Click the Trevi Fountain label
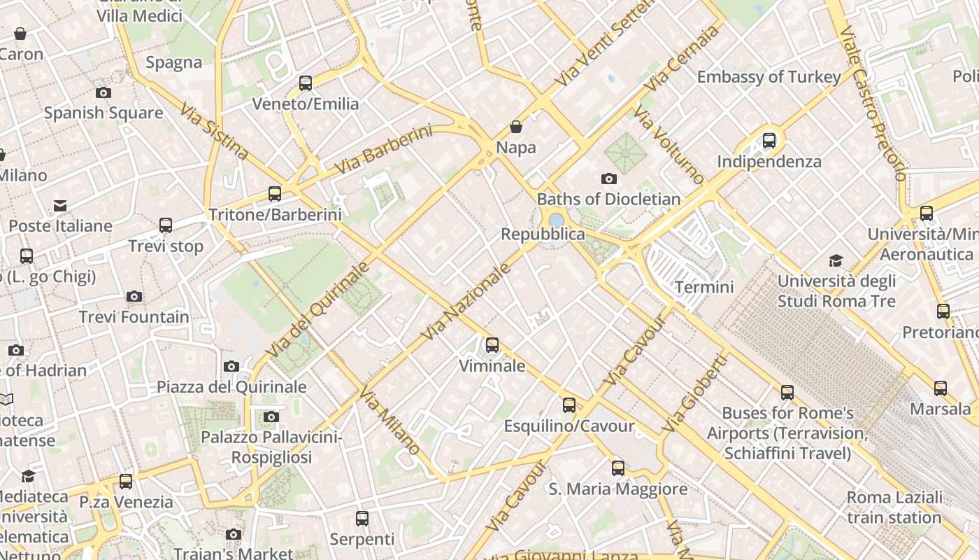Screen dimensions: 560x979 click(x=134, y=317)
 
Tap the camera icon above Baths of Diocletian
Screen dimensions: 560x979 click(x=609, y=179)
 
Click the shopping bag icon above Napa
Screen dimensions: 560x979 click(x=516, y=127)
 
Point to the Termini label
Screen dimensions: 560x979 click(x=704, y=287)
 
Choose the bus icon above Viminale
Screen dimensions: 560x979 click(x=492, y=345)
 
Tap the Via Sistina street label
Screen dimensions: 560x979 click(x=214, y=131)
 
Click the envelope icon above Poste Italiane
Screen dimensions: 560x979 click(x=60, y=206)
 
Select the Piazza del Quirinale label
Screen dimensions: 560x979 click(x=231, y=387)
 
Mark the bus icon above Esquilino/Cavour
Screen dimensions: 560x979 click(x=569, y=405)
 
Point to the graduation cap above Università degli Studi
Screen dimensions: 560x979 click(x=836, y=261)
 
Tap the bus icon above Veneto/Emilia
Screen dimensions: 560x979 click(x=306, y=83)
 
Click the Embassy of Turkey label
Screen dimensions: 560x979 click(x=769, y=77)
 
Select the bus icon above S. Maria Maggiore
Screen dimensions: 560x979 click(x=618, y=468)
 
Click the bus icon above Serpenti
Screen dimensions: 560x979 click(x=362, y=519)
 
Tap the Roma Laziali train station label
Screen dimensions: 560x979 click(x=894, y=507)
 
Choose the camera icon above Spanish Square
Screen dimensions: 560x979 click(x=103, y=92)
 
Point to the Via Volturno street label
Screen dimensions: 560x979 click(x=669, y=146)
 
